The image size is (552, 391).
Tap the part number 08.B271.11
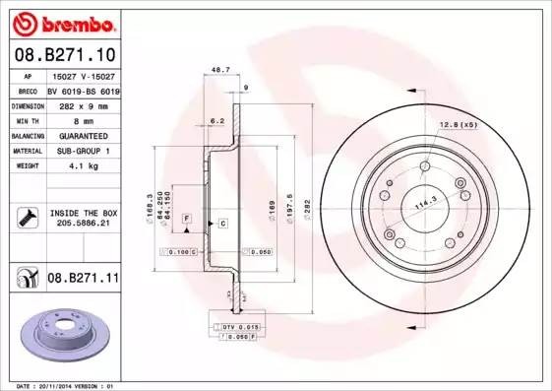coord(83,280)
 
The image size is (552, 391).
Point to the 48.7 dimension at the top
coord(220,71)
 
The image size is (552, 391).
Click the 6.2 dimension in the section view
coord(216,121)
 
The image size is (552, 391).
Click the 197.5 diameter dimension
coord(291,210)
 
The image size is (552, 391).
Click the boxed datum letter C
coord(222,224)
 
